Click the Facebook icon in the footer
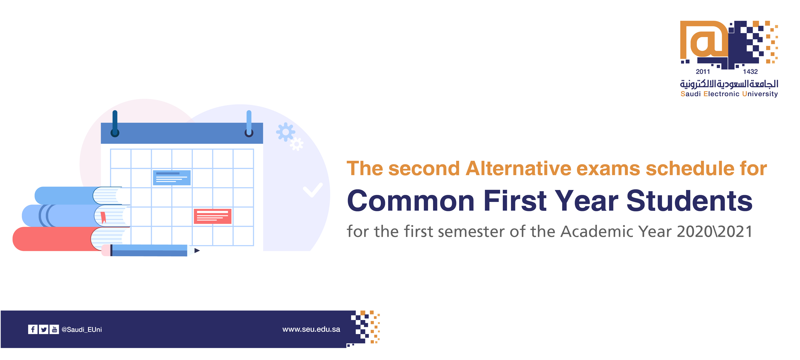click(x=33, y=329)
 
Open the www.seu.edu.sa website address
click(x=311, y=329)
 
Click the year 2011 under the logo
click(x=703, y=72)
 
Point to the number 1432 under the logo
click(x=750, y=72)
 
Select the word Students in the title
click(x=689, y=201)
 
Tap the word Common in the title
click(x=410, y=201)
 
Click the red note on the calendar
click(x=212, y=216)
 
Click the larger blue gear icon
click(x=285, y=132)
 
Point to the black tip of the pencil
click(x=197, y=250)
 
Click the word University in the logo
click(x=760, y=94)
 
